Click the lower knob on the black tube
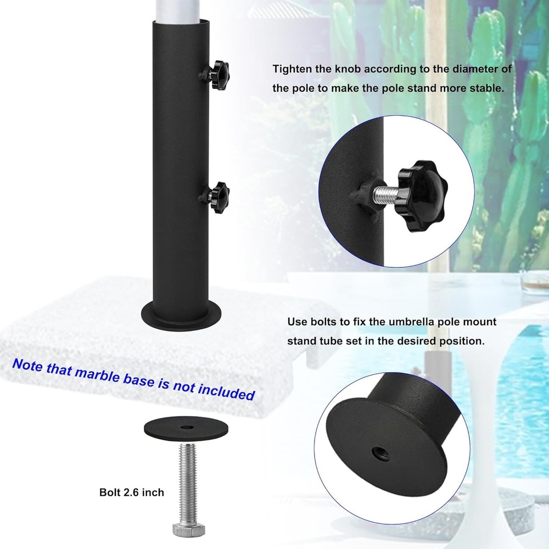[215, 197]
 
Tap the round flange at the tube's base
[181, 315]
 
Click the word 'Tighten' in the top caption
[293, 69]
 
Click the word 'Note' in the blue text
[27, 365]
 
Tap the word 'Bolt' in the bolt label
[110, 492]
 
